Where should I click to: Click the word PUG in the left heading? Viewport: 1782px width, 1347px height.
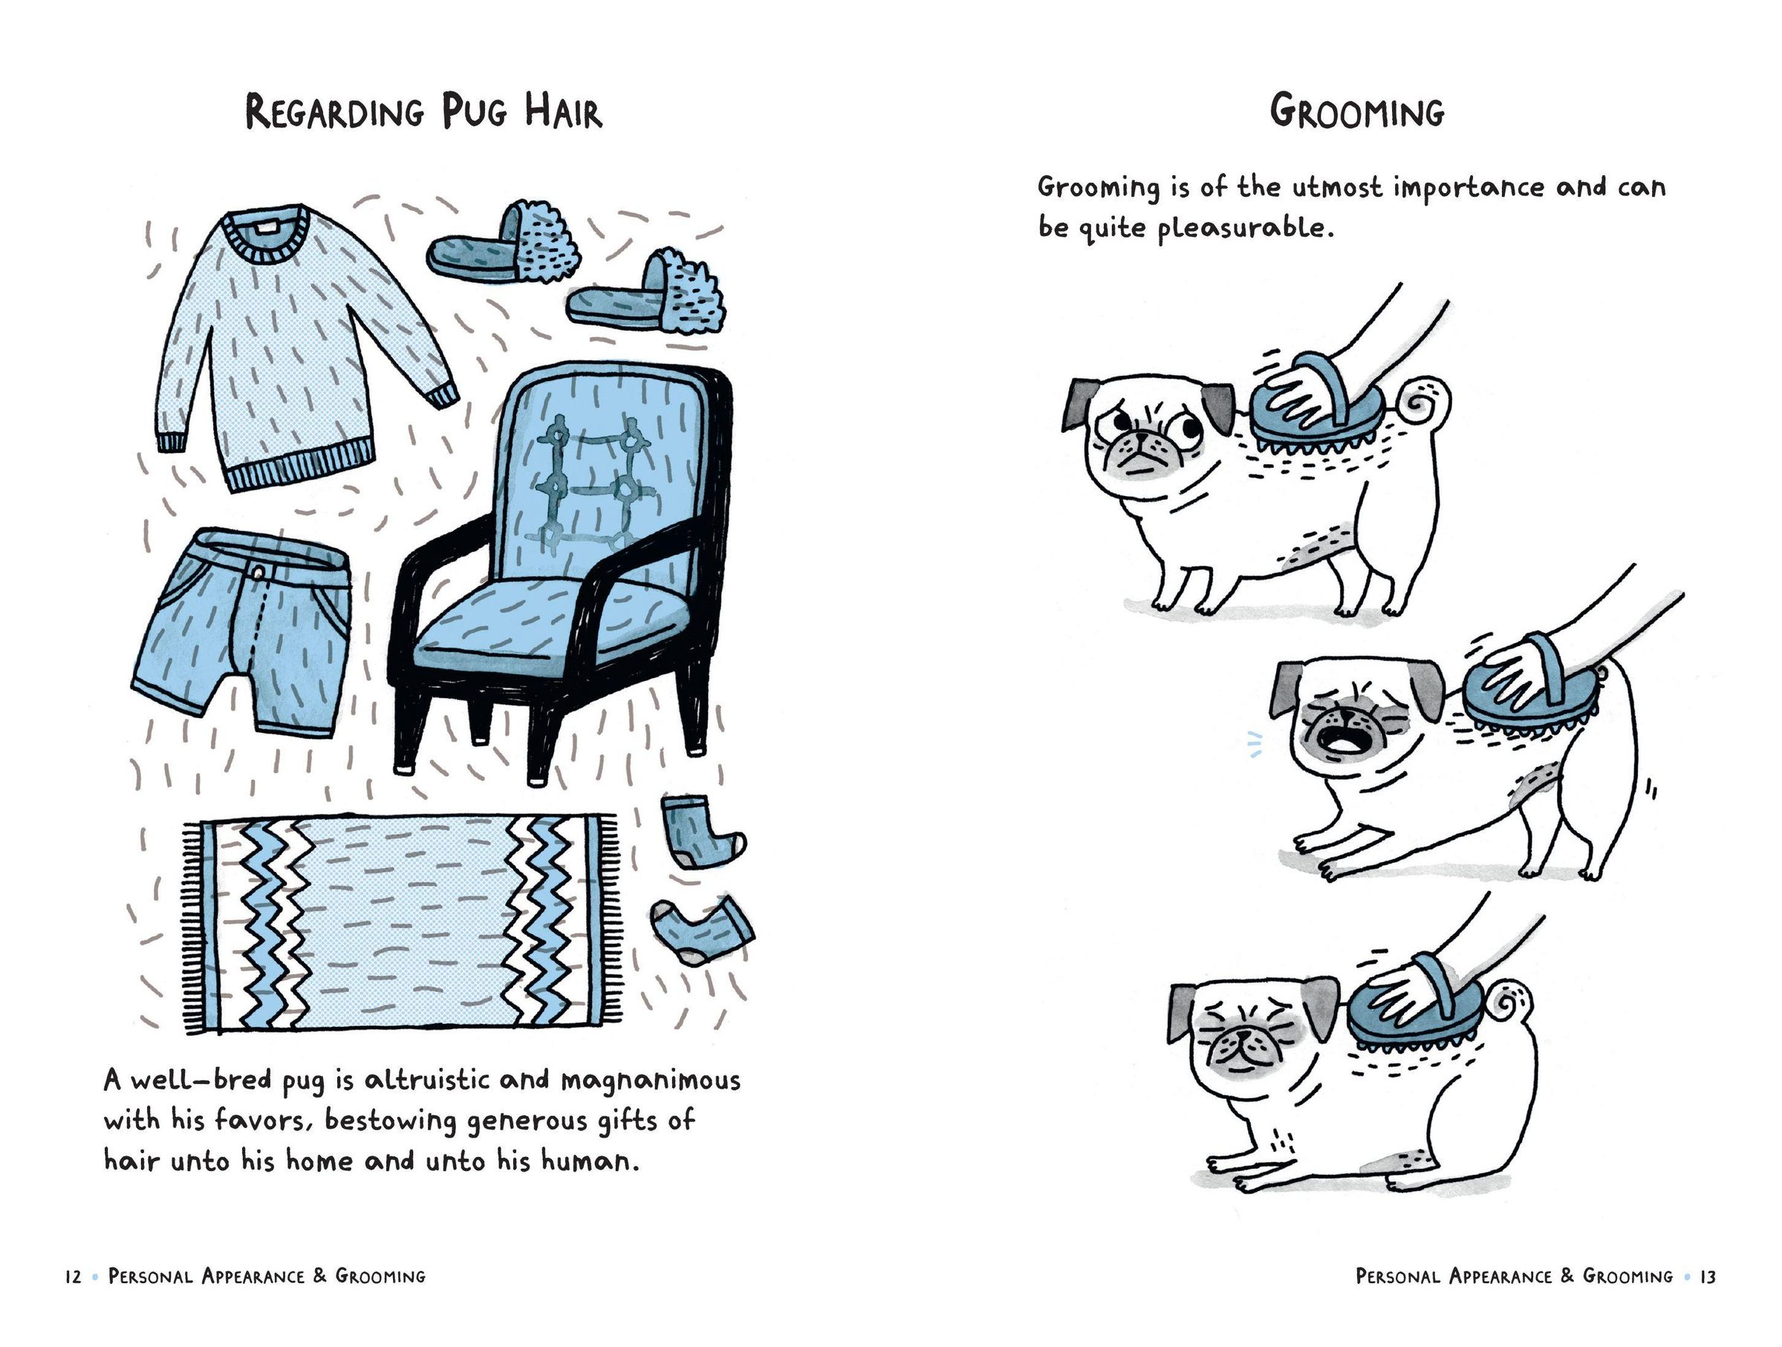(x=475, y=112)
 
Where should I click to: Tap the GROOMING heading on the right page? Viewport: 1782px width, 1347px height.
(x=1357, y=112)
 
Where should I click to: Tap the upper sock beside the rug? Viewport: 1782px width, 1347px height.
(x=697, y=831)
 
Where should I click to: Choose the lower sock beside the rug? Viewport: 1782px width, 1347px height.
(x=701, y=927)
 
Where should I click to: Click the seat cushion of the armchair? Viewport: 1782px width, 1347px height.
(x=556, y=624)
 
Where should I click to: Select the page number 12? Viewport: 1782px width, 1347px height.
(x=74, y=1276)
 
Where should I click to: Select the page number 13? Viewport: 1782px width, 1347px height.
(x=1708, y=1276)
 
